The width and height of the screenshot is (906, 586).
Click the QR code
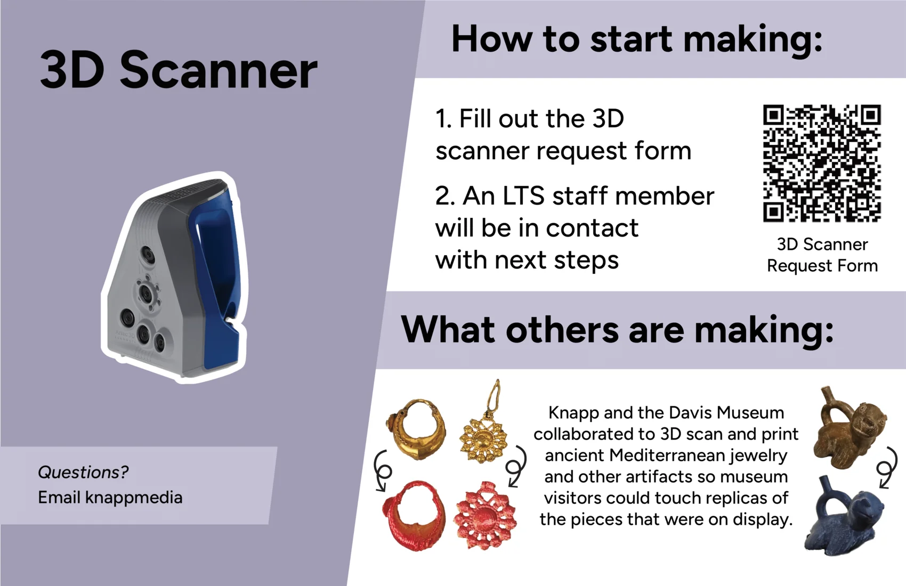click(x=822, y=164)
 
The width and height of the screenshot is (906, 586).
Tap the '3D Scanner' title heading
click(x=179, y=70)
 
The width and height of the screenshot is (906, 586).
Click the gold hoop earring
click(x=417, y=429)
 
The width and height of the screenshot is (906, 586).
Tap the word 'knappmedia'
click(x=134, y=498)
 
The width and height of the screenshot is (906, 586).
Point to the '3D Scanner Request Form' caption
click(x=822, y=255)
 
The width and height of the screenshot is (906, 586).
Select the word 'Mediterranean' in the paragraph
click(x=667, y=455)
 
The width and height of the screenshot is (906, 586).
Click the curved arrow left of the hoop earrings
click(x=382, y=471)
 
